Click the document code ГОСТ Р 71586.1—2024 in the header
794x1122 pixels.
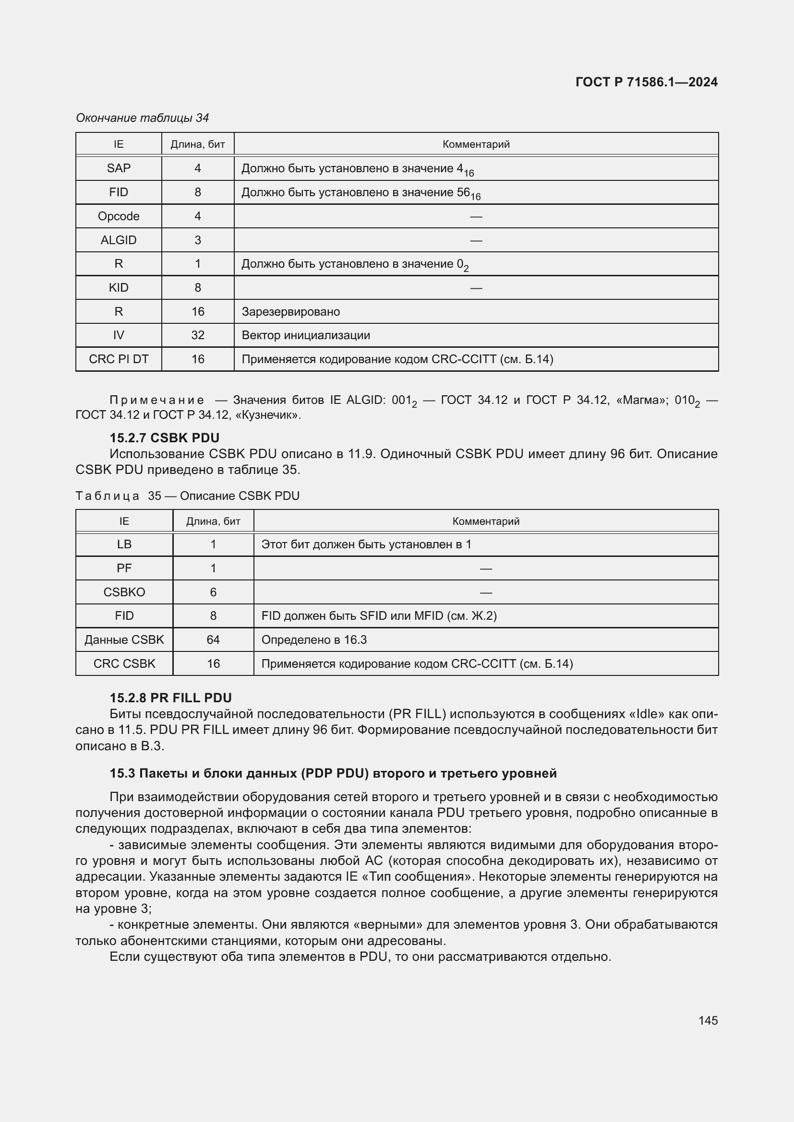646,82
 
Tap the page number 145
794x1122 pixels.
708,1020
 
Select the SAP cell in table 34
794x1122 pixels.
118,168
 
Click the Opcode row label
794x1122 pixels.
118,216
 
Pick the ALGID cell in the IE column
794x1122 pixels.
118,240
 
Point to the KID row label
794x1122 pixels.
118,287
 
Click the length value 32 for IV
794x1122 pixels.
197,335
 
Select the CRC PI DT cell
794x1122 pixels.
118,359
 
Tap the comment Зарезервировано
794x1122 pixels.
290,312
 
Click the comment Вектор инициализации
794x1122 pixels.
306,335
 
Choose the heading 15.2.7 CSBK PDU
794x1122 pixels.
164,437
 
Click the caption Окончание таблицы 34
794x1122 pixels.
142,118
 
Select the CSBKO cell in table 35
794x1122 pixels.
124,592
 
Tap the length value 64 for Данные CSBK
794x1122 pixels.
213,640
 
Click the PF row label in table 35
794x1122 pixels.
124,568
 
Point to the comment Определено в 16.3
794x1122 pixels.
314,640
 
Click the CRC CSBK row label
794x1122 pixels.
124,663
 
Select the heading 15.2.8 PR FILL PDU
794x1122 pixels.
170,698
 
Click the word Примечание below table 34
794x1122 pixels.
157,400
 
